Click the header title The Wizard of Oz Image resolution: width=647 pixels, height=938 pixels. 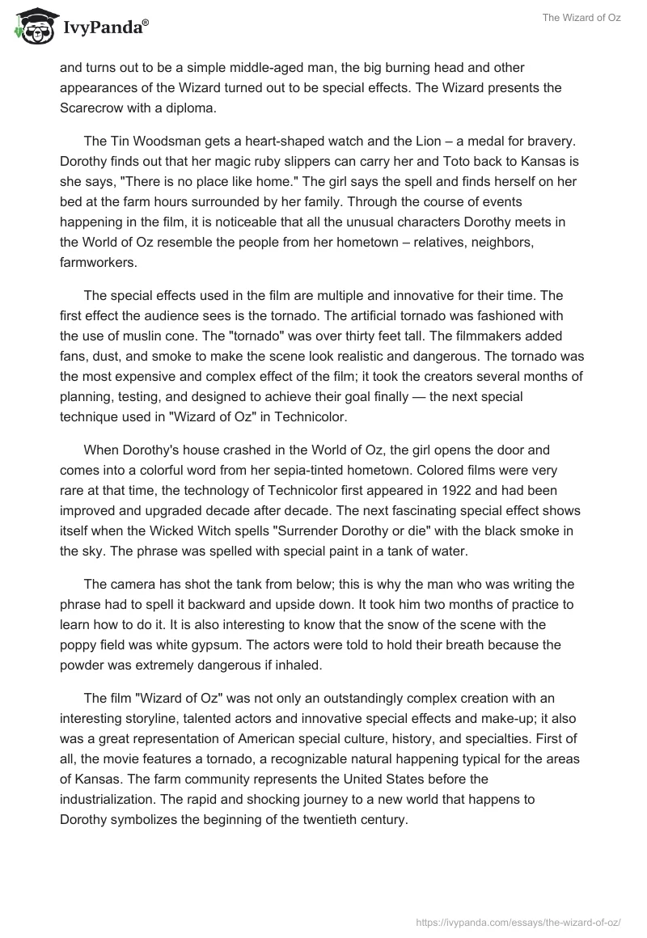[x=581, y=18]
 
